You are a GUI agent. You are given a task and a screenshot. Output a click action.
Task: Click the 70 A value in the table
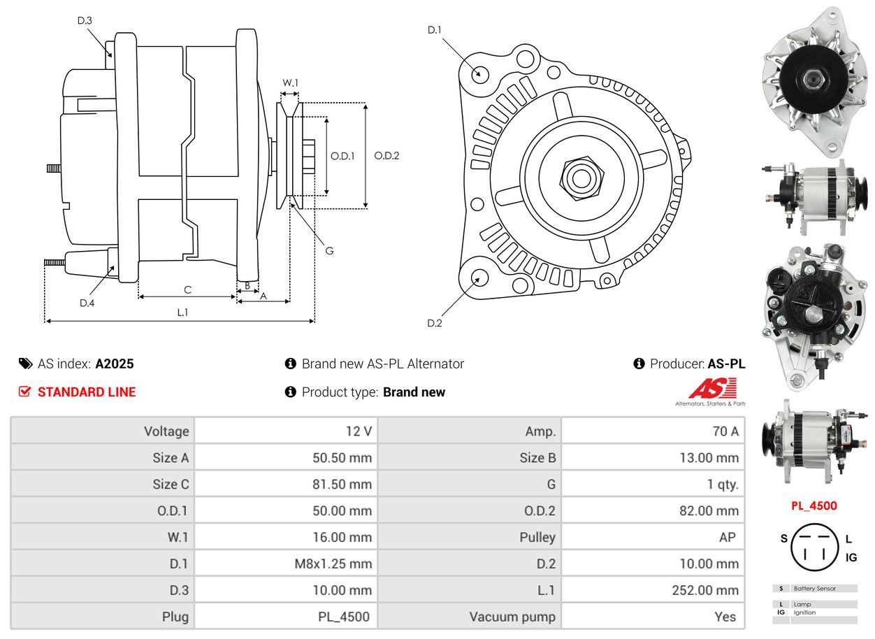pyautogui.click(x=724, y=431)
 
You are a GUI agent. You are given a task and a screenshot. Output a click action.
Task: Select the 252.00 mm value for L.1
pyautogui.click(x=705, y=591)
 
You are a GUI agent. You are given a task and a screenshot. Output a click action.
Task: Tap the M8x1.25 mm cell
pyautogui.click(x=333, y=564)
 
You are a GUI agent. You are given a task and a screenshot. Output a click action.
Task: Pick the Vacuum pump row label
pyautogui.click(x=512, y=617)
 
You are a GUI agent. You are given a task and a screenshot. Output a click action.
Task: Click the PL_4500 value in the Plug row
pyautogui.click(x=343, y=617)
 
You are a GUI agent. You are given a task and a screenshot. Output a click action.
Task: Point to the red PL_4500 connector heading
pyautogui.click(x=813, y=505)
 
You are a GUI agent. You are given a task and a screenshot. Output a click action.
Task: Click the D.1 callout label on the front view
pyautogui.click(x=435, y=30)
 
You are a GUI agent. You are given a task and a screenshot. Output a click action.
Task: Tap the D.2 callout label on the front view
pyautogui.click(x=435, y=323)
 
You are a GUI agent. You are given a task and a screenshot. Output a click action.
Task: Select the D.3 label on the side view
pyautogui.click(x=85, y=21)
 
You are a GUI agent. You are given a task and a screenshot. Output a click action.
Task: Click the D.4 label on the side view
pyautogui.click(x=87, y=303)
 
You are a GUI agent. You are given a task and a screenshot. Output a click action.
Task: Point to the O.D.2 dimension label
pyautogui.click(x=386, y=156)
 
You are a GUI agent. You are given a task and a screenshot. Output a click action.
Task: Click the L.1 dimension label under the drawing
pyautogui.click(x=182, y=313)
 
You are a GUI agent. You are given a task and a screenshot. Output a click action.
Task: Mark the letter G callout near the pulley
pyautogui.click(x=329, y=250)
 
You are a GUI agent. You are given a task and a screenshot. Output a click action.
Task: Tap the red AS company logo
pyautogui.click(x=713, y=389)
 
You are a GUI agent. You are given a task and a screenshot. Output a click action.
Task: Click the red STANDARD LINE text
pyautogui.click(x=87, y=392)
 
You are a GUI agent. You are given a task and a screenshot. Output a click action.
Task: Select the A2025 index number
pyautogui.click(x=115, y=364)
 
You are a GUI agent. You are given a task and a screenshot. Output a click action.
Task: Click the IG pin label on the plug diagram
pyautogui.click(x=851, y=557)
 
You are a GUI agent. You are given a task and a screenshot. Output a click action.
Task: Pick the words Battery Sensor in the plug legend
pyautogui.click(x=814, y=589)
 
